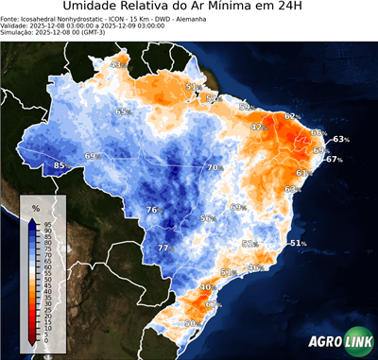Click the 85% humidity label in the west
click(61, 165)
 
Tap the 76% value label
click(154, 210)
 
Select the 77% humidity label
click(165, 248)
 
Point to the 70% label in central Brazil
click(215, 167)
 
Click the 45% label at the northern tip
click(118, 64)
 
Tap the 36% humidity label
click(254, 267)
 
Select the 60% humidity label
click(237, 207)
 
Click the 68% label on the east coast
click(293, 189)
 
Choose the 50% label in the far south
click(192, 323)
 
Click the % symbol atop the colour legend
click(35, 207)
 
